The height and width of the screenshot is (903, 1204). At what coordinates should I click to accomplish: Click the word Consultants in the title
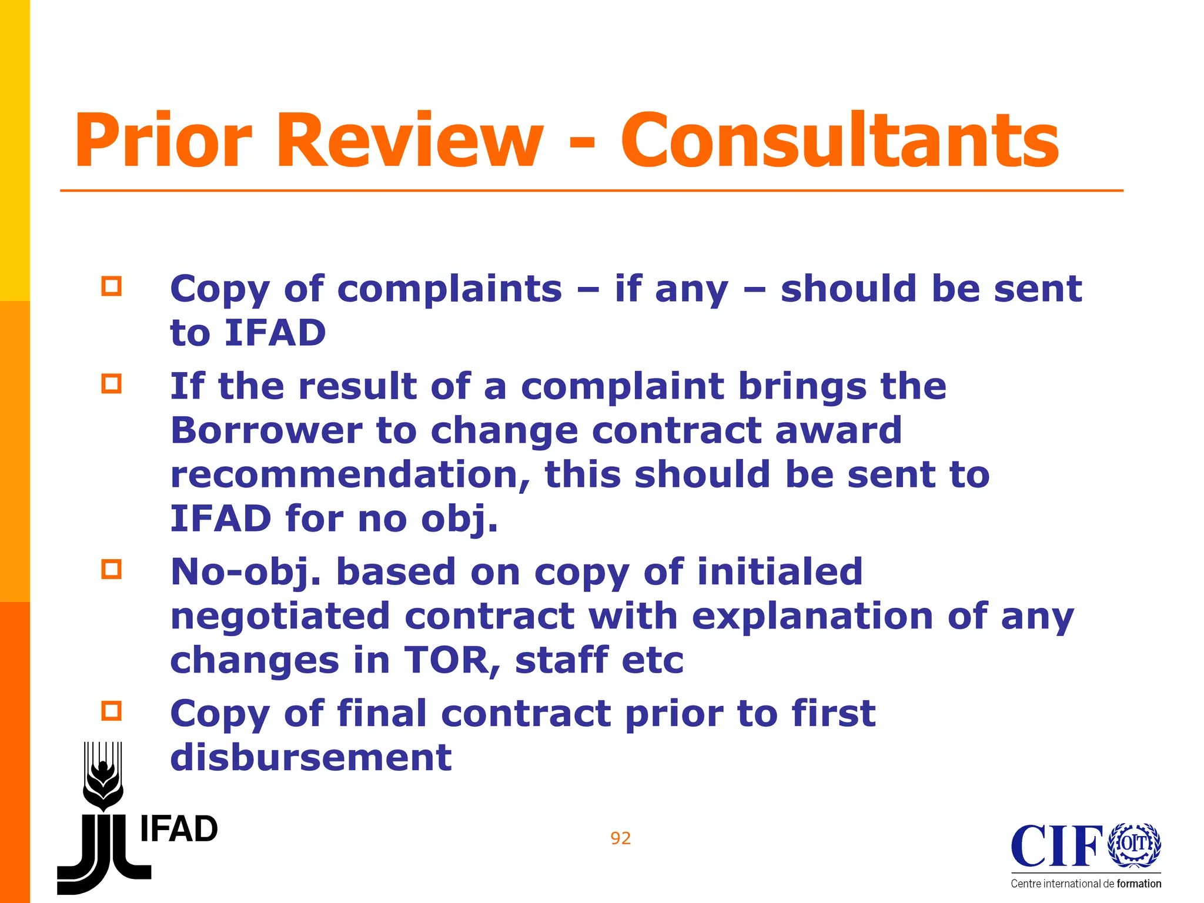tap(840, 142)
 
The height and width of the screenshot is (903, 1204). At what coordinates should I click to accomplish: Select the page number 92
tap(621, 838)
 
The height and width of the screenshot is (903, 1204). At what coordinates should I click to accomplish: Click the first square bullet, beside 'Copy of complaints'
tap(111, 286)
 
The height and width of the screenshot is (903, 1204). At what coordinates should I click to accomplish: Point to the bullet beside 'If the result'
tap(111, 384)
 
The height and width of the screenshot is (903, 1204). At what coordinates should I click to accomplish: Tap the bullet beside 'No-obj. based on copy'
tap(111, 569)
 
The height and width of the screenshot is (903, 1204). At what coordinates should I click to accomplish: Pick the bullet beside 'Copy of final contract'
tap(111, 711)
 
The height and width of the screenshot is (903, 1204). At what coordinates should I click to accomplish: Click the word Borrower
tap(266, 430)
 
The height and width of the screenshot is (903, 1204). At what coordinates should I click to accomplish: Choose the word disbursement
tap(311, 757)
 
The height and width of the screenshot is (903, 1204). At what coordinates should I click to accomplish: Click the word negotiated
tap(280, 616)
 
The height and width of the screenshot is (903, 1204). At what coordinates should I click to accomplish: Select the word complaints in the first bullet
tap(450, 289)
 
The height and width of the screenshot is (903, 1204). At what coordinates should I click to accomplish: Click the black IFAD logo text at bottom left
tap(179, 829)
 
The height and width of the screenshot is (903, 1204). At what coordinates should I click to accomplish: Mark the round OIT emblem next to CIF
tap(1134, 844)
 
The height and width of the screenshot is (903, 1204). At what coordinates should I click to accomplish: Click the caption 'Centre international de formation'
tap(1086, 884)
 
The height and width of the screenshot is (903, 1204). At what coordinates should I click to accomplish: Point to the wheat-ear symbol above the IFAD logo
tap(103, 775)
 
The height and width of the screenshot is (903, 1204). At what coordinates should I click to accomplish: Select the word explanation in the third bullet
tap(812, 616)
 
